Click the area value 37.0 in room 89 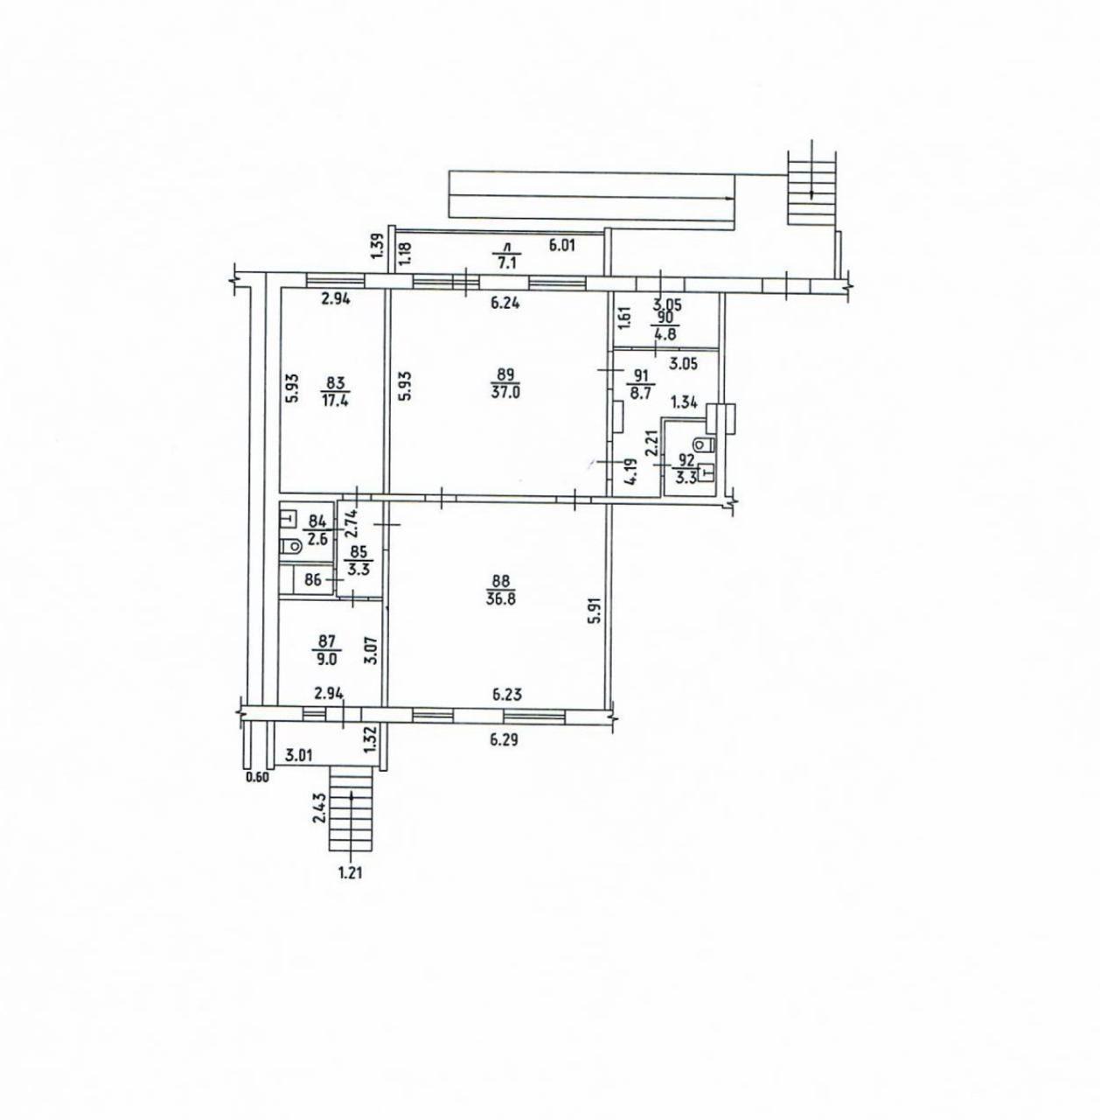point(505,392)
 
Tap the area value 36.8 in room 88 point(500,598)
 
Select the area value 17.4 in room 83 point(334,401)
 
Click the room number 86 point(313,579)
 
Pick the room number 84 point(317,521)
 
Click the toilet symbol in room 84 point(290,546)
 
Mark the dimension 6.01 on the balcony point(562,245)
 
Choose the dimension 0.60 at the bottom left point(257,778)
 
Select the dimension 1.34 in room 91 point(684,403)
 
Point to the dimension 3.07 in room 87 point(374,651)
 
